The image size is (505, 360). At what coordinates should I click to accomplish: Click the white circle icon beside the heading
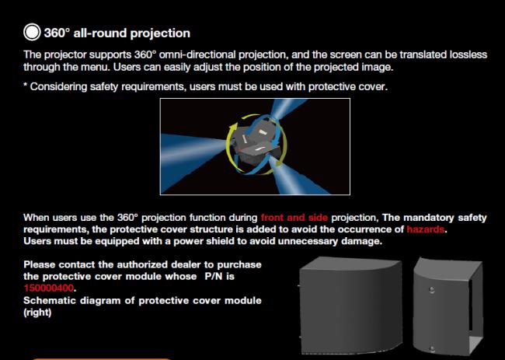coord(32,32)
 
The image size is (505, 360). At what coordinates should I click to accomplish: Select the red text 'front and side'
coord(294,218)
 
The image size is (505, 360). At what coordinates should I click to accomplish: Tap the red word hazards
coord(426,229)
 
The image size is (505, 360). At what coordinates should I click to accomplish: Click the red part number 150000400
coord(49,288)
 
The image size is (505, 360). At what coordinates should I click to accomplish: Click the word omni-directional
coord(197,54)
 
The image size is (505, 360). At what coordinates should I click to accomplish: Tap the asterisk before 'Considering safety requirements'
coord(25,85)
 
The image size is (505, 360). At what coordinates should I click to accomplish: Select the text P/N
coord(214,277)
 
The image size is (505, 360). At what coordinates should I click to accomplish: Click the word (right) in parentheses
coord(37,313)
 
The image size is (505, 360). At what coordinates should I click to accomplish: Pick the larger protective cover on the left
coord(350,306)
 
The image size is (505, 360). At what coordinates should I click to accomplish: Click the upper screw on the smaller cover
coord(432,290)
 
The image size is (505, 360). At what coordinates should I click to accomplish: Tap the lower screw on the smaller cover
coord(432,348)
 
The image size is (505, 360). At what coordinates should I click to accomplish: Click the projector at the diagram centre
coord(256,143)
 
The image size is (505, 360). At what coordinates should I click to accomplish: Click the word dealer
coord(186,264)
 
